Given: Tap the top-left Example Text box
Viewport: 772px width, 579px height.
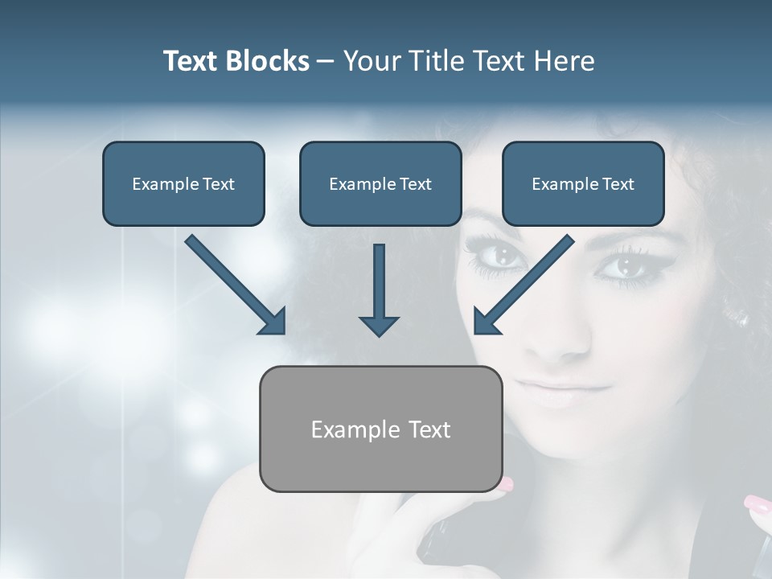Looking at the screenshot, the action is [x=183, y=183].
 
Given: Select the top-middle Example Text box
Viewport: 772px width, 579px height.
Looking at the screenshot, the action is [x=380, y=183].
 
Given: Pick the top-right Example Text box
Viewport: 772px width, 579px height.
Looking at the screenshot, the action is [x=583, y=183].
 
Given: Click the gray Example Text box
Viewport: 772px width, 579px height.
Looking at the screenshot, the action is [x=380, y=429].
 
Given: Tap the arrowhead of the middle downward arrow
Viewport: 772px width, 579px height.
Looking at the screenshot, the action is [x=379, y=325].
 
